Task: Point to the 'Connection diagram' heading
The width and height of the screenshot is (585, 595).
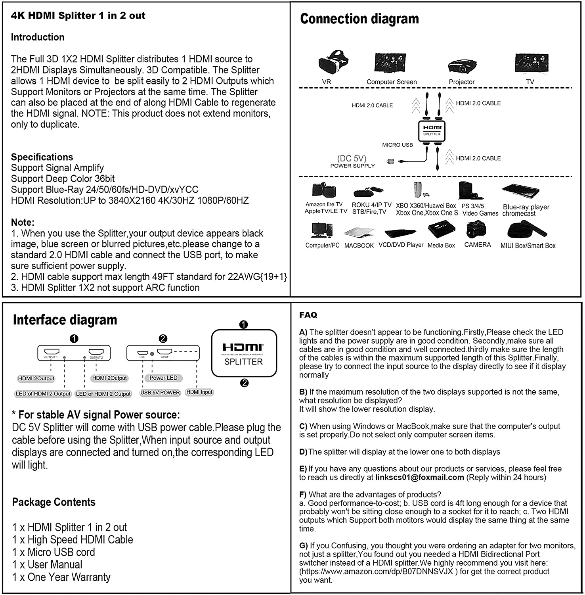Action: click(x=359, y=19)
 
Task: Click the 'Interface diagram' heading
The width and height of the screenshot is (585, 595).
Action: click(x=65, y=320)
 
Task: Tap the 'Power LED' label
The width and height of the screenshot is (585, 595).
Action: click(x=163, y=378)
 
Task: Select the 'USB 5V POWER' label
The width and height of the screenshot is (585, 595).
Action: click(x=160, y=392)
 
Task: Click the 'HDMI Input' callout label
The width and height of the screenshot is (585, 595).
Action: click(x=199, y=392)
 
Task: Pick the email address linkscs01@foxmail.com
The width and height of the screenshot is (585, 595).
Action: click(x=419, y=477)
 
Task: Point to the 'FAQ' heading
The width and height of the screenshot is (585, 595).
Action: click(x=308, y=315)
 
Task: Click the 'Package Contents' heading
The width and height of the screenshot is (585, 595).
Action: click(x=54, y=502)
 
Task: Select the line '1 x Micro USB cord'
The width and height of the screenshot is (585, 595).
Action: click(x=54, y=552)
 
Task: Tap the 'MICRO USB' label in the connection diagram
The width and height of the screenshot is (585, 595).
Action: click(x=397, y=145)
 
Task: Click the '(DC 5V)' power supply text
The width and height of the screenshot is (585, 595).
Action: click(x=352, y=158)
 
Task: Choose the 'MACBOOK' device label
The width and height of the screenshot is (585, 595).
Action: click(x=359, y=246)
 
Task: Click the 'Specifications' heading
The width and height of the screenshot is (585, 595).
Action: click(x=42, y=157)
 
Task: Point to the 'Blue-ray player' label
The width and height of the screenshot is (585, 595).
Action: click(x=526, y=207)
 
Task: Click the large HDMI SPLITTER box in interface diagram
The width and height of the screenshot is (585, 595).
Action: click(x=244, y=353)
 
